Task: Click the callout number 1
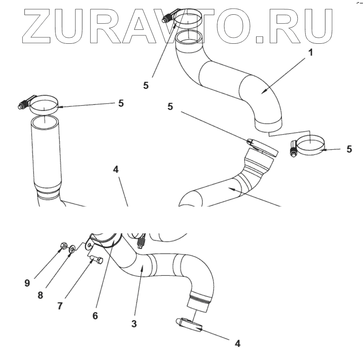tap(311, 52)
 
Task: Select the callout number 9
tap(27, 283)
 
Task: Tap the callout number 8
tap(40, 295)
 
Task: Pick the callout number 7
tap(60, 306)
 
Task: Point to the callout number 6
tap(95, 316)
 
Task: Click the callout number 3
tap(134, 324)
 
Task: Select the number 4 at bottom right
tap(237, 343)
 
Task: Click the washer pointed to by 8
tap(72, 248)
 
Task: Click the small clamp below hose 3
tap(189, 325)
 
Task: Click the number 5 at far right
tap(349, 149)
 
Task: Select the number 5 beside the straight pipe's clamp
tap(121, 103)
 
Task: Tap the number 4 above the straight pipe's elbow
tap(116, 170)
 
